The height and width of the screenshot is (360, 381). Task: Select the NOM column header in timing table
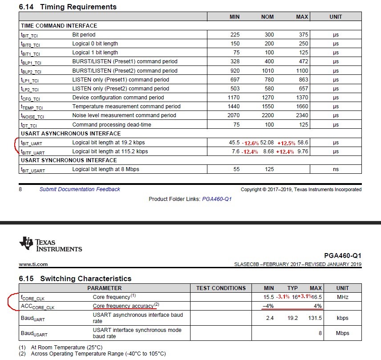(267, 16)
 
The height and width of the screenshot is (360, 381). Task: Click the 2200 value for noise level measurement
(268, 115)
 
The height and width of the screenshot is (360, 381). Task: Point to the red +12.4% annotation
(285, 152)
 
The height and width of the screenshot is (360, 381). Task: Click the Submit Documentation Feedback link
(80, 189)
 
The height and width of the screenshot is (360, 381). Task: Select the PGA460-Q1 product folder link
(217, 199)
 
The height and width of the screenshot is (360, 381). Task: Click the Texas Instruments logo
(50, 245)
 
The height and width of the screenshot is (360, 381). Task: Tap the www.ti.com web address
(33, 264)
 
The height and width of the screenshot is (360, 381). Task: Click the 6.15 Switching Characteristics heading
(75, 278)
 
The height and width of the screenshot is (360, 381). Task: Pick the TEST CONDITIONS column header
(221, 288)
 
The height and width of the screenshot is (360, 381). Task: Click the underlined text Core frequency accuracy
(123, 306)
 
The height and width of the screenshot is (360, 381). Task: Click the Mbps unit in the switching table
(342, 333)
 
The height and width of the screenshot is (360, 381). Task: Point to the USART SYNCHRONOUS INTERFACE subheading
(69, 160)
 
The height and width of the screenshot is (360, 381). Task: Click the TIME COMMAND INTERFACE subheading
(59, 25)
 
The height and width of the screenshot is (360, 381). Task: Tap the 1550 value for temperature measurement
(268, 106)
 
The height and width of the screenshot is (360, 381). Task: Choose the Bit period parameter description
(84, 35)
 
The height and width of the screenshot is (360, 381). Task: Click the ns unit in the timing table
(336, 169)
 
